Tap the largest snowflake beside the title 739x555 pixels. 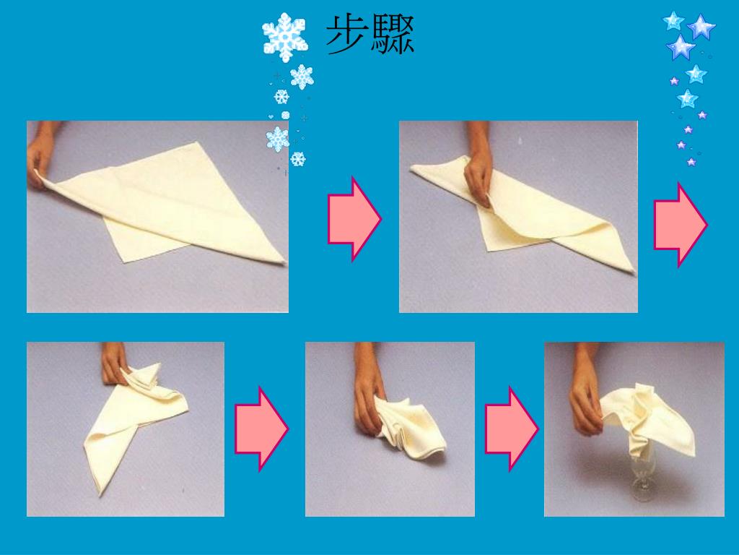pyautogui.click(x=284, y=37)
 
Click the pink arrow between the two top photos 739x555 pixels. pyautogui.click(x=354, y=219)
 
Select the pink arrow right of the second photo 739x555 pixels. pyautogui.click(x=680, y=225)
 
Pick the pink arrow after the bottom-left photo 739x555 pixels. pyautogui.click(x=261, y=429)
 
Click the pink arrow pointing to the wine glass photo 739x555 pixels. pyautogui.click(x=512, y=429)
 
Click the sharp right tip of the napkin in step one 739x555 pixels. pyautogui.click(x=285, y=262)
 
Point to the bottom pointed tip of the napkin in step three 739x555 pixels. pyautogui.click(x=100, y=494)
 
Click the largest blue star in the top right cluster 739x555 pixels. pyautogui.click(x=701, y=27)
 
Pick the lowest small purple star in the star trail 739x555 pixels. pyautogui.click(x=691, y=163)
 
